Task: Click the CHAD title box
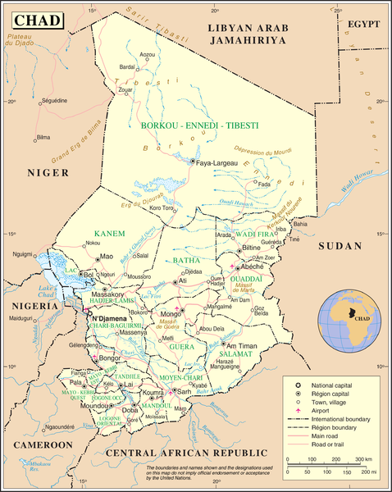click(34, 19)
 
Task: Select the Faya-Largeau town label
click(216, 163)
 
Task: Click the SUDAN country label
click(340, 246)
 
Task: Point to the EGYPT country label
click(366, 25)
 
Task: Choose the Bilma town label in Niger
click(43, 137)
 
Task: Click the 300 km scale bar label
click(368, 459)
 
